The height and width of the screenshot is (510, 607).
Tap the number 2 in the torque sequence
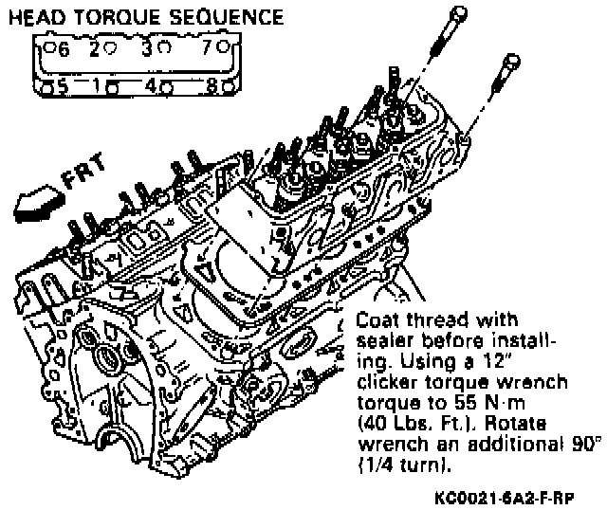(x=95, y=49)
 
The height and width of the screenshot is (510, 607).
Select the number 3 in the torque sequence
(x=147, y=48)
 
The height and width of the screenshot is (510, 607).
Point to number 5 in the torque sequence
(x=64, y=86)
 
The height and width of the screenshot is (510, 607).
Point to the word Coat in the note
(x=377, y=319)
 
